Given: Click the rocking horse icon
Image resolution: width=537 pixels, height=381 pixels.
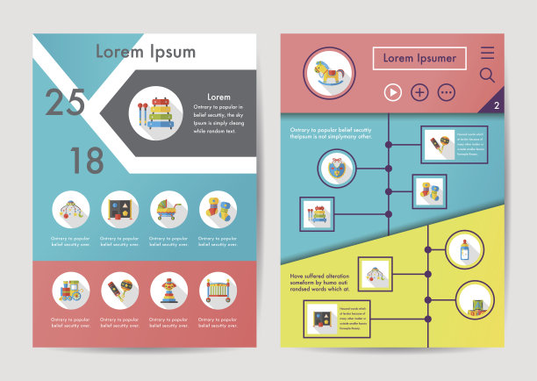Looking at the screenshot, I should (329, 72).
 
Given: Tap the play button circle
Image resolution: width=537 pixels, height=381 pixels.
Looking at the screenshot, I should (392, 91).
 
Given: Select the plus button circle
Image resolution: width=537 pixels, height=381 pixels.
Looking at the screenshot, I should (419, 91).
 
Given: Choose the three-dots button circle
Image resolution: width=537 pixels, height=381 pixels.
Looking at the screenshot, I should (447, 91).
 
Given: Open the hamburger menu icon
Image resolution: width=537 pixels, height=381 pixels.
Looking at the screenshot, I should (487, 53).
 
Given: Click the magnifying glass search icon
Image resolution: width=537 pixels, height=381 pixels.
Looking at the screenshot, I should (487, 75).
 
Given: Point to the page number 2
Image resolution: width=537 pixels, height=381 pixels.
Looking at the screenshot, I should (497, 106).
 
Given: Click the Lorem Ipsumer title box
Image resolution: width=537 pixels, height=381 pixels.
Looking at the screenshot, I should (419, 59).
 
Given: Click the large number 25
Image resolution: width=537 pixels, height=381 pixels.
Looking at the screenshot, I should (66, 104).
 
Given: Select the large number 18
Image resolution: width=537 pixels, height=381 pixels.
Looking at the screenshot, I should (86, 161).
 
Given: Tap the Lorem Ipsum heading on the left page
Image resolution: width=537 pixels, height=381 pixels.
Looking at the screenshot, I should (146, 52).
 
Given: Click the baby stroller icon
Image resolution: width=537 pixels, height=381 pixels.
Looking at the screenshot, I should (168, 210).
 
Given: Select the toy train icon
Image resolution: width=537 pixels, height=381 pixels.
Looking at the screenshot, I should (70, 290).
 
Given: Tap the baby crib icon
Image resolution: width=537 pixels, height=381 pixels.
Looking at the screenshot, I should (218, 290).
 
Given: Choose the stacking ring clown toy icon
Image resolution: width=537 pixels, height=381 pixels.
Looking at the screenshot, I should (168, 290).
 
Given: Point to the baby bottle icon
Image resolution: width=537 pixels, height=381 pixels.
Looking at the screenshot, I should (464, 250).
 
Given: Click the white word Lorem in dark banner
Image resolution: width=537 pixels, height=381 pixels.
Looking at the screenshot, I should (218, 97).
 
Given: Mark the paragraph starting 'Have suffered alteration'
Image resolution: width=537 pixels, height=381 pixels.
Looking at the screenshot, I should (321, 281).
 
